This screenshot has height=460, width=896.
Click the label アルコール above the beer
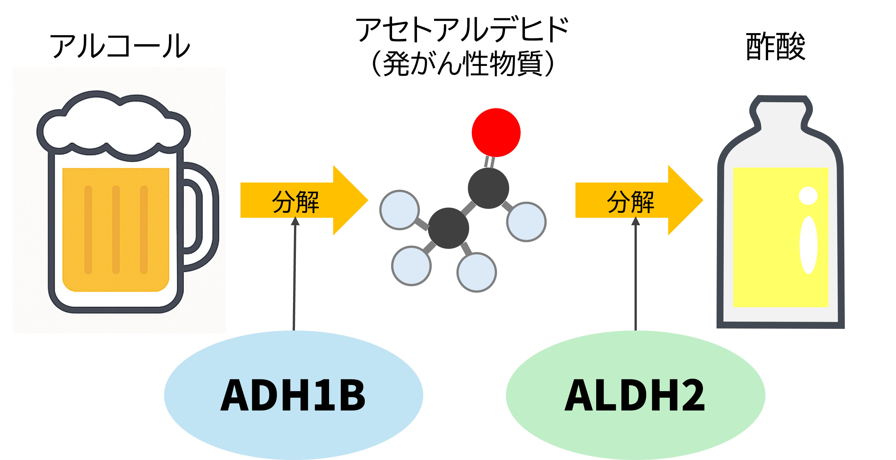(120, 46)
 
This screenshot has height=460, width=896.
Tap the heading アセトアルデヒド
(462, 30)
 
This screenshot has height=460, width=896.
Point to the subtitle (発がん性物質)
(462, 64)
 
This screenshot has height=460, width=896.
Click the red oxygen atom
(496, 132)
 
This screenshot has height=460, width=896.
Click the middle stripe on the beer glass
(116, 230)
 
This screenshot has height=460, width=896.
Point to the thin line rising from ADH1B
(294, 278)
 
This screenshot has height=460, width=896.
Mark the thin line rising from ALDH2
(636, 278)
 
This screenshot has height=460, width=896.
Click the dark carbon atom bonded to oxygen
(488, 188)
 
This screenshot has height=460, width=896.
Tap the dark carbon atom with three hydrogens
(448, 228)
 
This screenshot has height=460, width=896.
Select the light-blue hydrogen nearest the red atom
(526, 222)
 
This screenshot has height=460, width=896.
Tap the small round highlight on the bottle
(808, 196)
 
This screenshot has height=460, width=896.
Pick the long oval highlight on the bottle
(808, 245)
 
